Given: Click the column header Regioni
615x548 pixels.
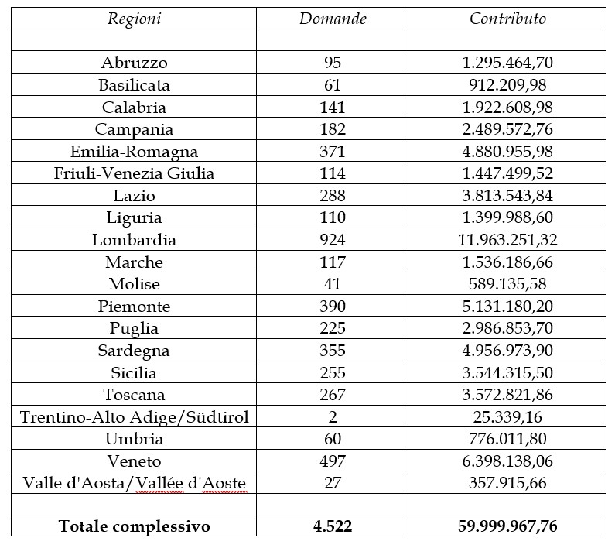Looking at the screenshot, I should (x=134, y=19).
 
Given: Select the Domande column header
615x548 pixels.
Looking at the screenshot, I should (x=333, y=19).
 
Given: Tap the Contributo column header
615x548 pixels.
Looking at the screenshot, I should (x=507, y=19).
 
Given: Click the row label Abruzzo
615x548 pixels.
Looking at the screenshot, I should (x=134, y=63).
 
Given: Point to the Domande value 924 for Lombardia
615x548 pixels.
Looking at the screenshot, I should (x=333, y=240).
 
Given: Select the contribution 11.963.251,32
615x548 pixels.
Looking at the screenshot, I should (x=507, y=240).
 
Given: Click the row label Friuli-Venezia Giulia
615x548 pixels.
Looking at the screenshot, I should (x=134, y=173).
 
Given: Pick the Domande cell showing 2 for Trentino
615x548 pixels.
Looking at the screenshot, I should (x=333, y=417).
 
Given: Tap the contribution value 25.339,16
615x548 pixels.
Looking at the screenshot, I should (x=507, y=417).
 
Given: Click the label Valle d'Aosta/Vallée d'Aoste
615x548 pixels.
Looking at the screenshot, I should (x=134, y=484).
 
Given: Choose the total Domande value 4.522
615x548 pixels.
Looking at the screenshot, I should (x=333, y=527).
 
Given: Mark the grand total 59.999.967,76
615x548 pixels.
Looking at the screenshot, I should (x=507, y=527).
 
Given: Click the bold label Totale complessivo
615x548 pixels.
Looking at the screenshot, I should (x=134, y=527).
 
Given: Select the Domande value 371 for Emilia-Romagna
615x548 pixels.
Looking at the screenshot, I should (x=333, y=152).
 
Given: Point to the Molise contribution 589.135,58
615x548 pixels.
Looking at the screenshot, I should (x=507, y=284).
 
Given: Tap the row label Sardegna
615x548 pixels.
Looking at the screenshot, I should (x=134, y=351).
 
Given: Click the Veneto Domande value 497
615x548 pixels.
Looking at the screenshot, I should (x=333, y=461).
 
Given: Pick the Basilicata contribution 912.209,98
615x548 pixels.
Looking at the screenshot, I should (x=507, y=85).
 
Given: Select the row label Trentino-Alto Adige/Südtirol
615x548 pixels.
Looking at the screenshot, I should (x=134, y=417).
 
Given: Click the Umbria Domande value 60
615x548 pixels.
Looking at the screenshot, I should (x=333, y=440).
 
